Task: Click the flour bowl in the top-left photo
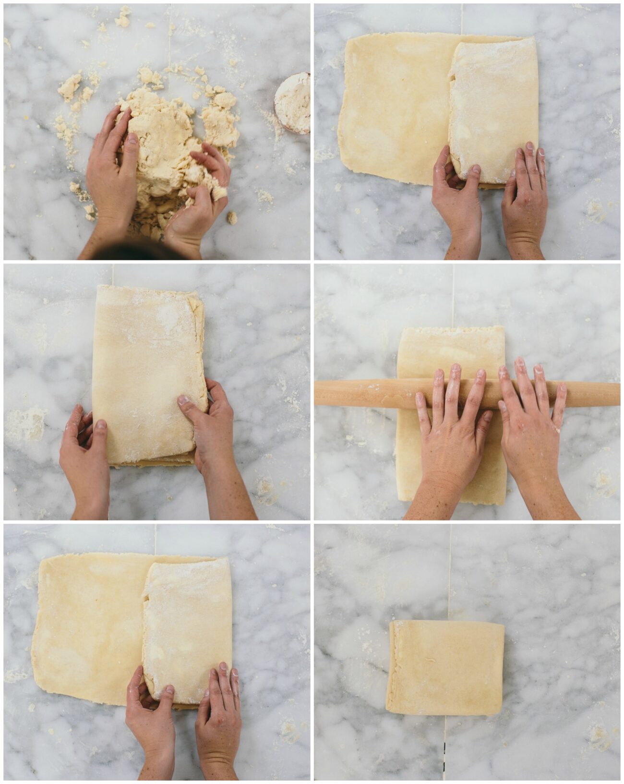pyautogui.click(x=293, y=103)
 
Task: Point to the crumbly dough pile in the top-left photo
pyautogui.click(x=168, y=134)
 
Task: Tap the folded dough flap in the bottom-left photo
pyautogui.click(x=187, y=624)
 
